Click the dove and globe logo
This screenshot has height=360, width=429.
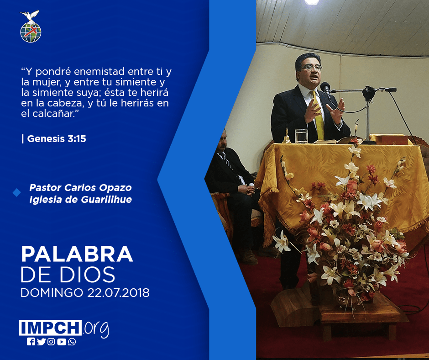(31, 26)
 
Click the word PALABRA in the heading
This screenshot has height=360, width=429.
(77, 254)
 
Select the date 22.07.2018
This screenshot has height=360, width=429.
(119, 293)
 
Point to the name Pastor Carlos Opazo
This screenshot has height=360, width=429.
(80, 188)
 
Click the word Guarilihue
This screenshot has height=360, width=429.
(106, 200)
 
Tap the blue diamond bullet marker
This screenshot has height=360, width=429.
(17, 193)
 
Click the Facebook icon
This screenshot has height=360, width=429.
(31, 342)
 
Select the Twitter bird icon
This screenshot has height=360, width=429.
(42, 342)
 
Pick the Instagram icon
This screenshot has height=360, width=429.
(51, 342)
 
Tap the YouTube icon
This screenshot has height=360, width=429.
(62, 342)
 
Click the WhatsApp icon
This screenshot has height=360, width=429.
(72, 342)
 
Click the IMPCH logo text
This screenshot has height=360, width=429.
(50, 328)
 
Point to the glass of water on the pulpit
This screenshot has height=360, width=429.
(301, 136)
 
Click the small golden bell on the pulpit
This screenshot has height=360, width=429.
(287, 136)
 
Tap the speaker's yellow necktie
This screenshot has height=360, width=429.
(318, 115)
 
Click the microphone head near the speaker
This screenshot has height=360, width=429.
(325, 87)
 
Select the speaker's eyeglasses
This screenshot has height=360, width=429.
(312, 67)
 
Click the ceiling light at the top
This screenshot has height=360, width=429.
(312, 2)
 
